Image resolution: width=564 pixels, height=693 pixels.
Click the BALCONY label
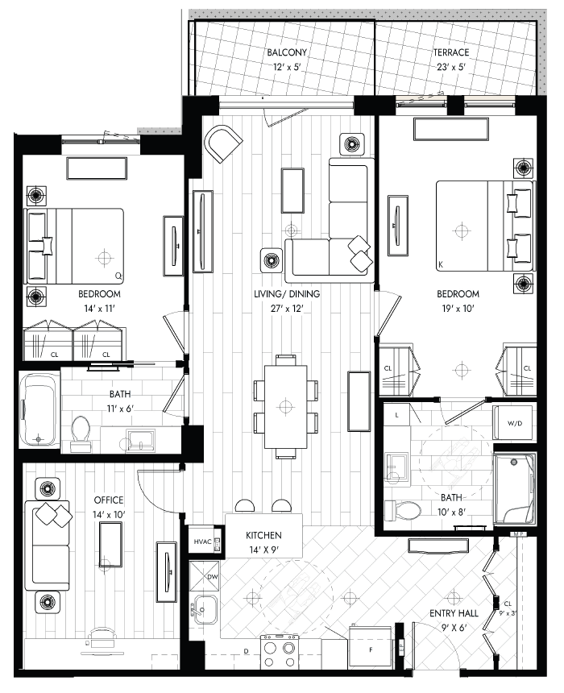point(287,52)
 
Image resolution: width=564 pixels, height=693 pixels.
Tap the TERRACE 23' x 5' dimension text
point(450,67)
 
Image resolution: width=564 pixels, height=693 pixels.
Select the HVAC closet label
point(202,542)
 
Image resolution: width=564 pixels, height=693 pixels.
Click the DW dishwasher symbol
point(204,576)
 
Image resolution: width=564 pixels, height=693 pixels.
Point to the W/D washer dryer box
point(515,423)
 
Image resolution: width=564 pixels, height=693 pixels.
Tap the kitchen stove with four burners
point(280,651)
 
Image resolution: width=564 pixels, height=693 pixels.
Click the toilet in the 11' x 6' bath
point(81,434)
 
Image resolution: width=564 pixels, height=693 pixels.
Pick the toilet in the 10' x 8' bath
point(401,510)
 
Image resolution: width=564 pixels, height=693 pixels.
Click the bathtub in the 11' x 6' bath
point(39,409)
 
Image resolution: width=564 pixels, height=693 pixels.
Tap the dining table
point(285,406)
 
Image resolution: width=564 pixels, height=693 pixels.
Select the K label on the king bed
point(441,265)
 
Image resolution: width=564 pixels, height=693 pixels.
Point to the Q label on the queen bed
point(118,276)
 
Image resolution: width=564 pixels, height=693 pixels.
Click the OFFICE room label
point(109,500)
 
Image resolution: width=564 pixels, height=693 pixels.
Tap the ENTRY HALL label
point(454,613)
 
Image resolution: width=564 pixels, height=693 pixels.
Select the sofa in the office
point(48,546)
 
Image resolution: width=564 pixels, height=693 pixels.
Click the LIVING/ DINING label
point(287,293)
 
